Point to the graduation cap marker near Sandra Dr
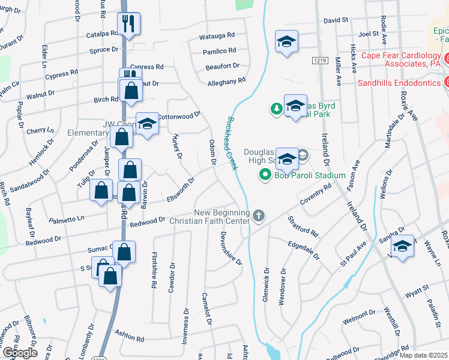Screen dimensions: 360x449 (402, 247)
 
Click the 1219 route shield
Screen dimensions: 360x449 (319, 61)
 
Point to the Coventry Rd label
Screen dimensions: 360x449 (316, 197)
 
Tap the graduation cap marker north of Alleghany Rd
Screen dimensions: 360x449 (287, 42)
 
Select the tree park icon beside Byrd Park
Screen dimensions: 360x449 (276, 109)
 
